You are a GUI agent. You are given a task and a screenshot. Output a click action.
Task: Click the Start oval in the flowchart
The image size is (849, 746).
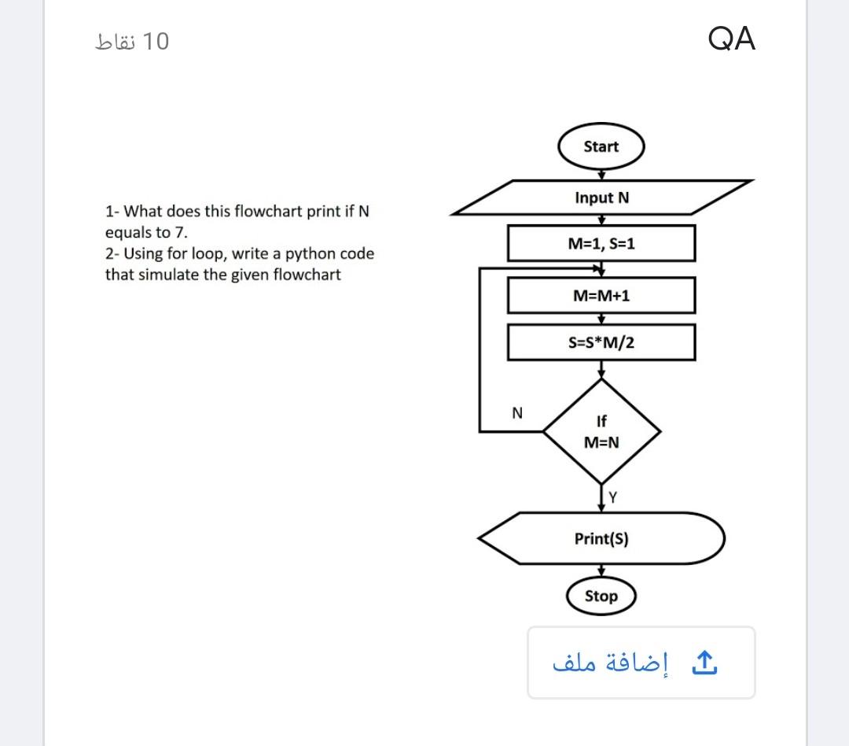(601, 147)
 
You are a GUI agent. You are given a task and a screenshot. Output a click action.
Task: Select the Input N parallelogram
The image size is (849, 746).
(601, 198)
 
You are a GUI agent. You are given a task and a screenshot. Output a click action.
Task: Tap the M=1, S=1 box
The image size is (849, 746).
(601, 244)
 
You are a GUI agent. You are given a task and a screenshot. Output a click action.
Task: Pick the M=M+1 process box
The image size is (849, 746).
(601, 296)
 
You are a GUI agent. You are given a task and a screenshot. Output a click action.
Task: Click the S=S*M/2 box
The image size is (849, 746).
(601, 343)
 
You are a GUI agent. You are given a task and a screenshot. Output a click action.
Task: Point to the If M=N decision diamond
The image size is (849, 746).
(601, 431)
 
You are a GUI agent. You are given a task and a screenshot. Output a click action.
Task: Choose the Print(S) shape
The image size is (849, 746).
(601, 539)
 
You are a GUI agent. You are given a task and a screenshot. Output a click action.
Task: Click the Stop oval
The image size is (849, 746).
(601, 596)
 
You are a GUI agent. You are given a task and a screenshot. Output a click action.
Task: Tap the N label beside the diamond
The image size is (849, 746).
(516, 412)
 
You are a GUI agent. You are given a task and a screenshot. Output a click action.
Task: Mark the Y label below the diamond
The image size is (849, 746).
(613, 497)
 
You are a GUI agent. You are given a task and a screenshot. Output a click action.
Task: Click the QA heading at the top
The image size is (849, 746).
(731, 39)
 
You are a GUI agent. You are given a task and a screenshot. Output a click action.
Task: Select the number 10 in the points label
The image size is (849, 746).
(157, 41)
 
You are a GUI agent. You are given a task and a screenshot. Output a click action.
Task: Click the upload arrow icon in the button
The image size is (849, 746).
(704, 663)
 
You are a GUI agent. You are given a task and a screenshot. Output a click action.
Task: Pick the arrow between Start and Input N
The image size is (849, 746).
(601, 175)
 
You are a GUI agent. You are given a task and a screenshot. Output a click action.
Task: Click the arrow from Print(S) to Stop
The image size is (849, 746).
(601, 572)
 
